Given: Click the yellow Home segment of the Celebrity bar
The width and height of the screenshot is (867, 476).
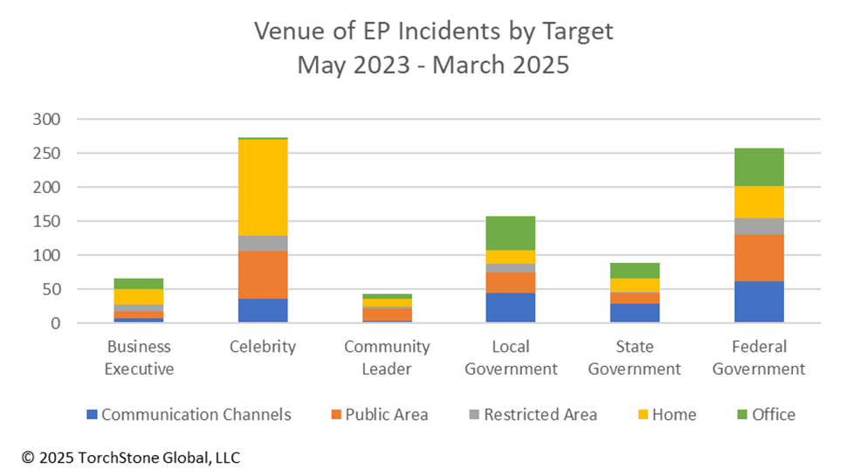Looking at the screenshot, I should (x=263, y=187).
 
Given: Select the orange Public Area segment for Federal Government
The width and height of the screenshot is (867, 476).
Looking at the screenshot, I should (x=759, y=258).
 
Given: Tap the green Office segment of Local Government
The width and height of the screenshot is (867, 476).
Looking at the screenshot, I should (x=511, y=232).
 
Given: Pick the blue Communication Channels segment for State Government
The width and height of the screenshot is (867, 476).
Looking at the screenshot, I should (x=635, y=313).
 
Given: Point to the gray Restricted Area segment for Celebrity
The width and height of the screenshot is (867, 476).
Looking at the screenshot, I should (x=263, y=243).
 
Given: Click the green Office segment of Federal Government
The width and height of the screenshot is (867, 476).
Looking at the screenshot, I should (x=759, y=167).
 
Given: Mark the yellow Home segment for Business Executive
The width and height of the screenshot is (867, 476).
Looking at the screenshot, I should (x=139, y=296).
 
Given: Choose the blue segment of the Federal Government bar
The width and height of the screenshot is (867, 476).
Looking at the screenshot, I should (x=759, y=301).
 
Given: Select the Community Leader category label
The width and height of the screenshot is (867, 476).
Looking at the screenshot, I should (x=387, y=357).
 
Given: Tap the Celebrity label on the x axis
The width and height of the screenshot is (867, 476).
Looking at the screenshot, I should (x=263, y=347).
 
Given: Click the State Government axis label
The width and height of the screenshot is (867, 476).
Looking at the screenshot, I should (x=635, y=357).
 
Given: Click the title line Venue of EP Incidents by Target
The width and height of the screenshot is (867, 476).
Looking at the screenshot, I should (x=434, y=31).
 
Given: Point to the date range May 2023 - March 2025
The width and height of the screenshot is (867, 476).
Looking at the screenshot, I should (x=434, y=66).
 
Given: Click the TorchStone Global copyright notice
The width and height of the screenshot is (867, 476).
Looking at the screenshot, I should (x=131, y=457).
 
